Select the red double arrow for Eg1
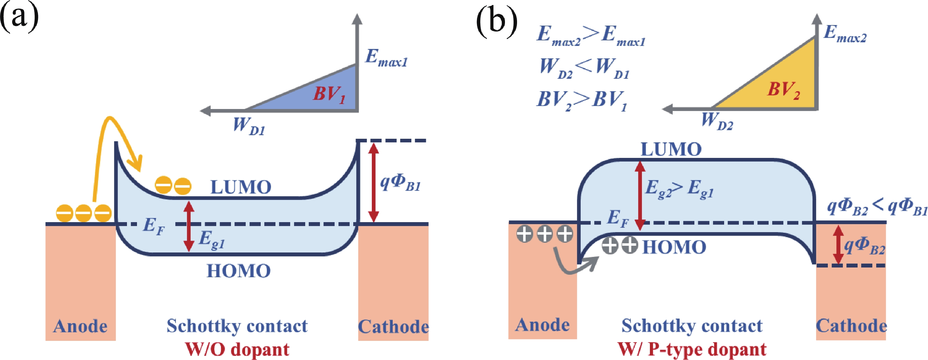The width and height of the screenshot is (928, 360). (189, 226)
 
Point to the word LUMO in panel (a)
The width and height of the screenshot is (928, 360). (241, 187)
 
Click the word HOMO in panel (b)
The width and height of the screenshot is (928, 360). (674, 247)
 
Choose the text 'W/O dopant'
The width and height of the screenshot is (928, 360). (237, 349)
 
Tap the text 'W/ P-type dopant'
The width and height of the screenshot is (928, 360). (692, 349)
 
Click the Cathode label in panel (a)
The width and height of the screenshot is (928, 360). (393, 326)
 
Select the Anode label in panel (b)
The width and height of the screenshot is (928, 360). (542, 325)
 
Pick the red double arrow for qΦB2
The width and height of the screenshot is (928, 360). (838, 244)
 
